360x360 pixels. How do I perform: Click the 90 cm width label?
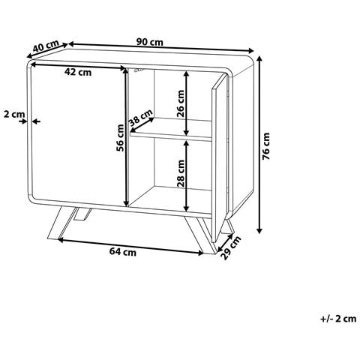tap(150, 42)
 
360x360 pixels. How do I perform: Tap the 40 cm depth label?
tap(46, 46)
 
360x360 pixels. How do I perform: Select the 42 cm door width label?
tap(78, 72)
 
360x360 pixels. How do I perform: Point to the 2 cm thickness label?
tap(14, 114)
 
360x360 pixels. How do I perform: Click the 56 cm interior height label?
tap(120, 138)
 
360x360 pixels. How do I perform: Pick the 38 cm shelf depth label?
tap(140, 118)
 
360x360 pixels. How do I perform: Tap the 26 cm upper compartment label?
tap(181, 103)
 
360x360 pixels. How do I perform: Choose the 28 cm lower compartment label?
tap(181, 173)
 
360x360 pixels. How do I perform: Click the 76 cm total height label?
tap(266, 146)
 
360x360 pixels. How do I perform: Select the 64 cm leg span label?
tap(123, 252)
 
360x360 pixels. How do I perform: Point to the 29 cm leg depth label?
tap(231, 247)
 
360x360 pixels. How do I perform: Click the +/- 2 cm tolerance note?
tap(338, 319)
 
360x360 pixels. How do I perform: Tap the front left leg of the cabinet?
tap(61, 223)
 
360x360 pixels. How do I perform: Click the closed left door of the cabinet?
tap(78, 133)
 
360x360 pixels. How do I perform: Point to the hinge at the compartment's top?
tap(139, 70)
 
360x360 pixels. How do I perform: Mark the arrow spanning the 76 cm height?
tap(259, 145)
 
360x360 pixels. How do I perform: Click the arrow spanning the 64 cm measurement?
tap(130, 247)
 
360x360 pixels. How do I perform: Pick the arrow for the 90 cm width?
tap(161, 47)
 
